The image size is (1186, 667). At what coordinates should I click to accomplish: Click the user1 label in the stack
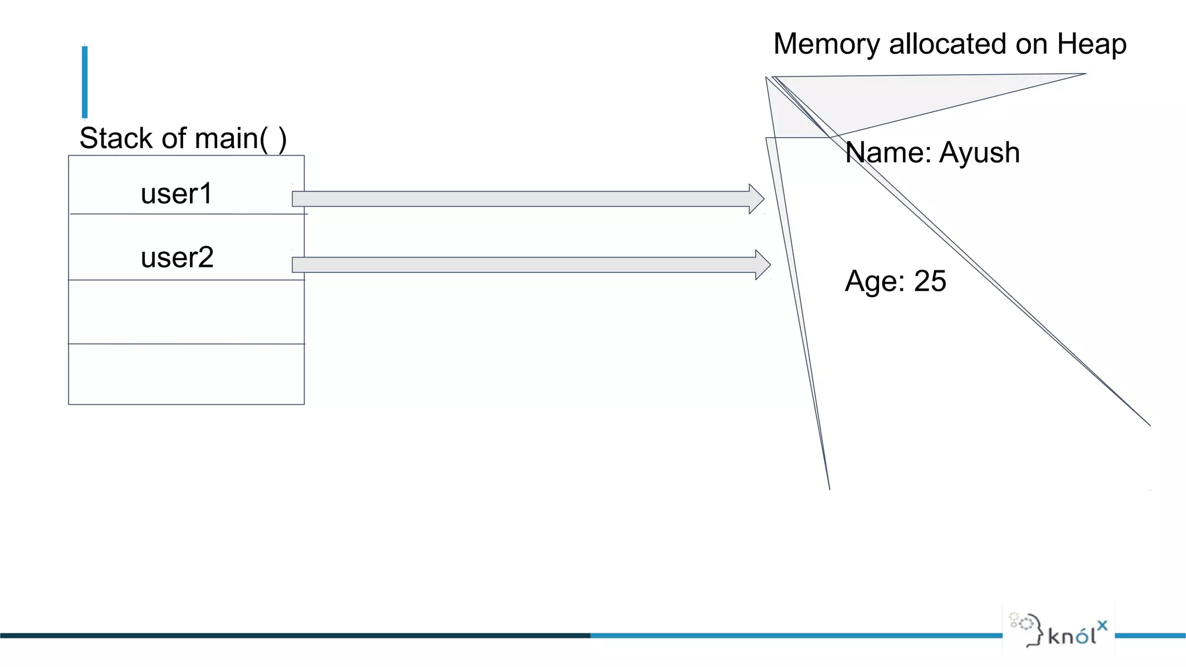pos(177,194)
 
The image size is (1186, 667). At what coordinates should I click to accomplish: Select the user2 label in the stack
pos(177,258)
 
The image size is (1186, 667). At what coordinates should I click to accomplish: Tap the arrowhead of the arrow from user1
pos(756,199)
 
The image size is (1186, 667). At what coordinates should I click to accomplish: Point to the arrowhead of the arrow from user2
pos(763,265)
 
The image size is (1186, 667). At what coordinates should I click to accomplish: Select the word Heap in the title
pos(1092,45)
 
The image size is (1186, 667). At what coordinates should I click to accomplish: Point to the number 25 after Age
pos(930,281)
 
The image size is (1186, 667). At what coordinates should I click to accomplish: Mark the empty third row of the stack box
pos(186,312)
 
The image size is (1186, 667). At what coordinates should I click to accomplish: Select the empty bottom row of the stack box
pos(186,374)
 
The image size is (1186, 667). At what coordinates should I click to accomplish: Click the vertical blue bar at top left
pos(85,82)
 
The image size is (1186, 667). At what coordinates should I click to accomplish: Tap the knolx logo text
pos(1072,636)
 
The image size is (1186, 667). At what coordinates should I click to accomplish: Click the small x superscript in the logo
pos(1102,625)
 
